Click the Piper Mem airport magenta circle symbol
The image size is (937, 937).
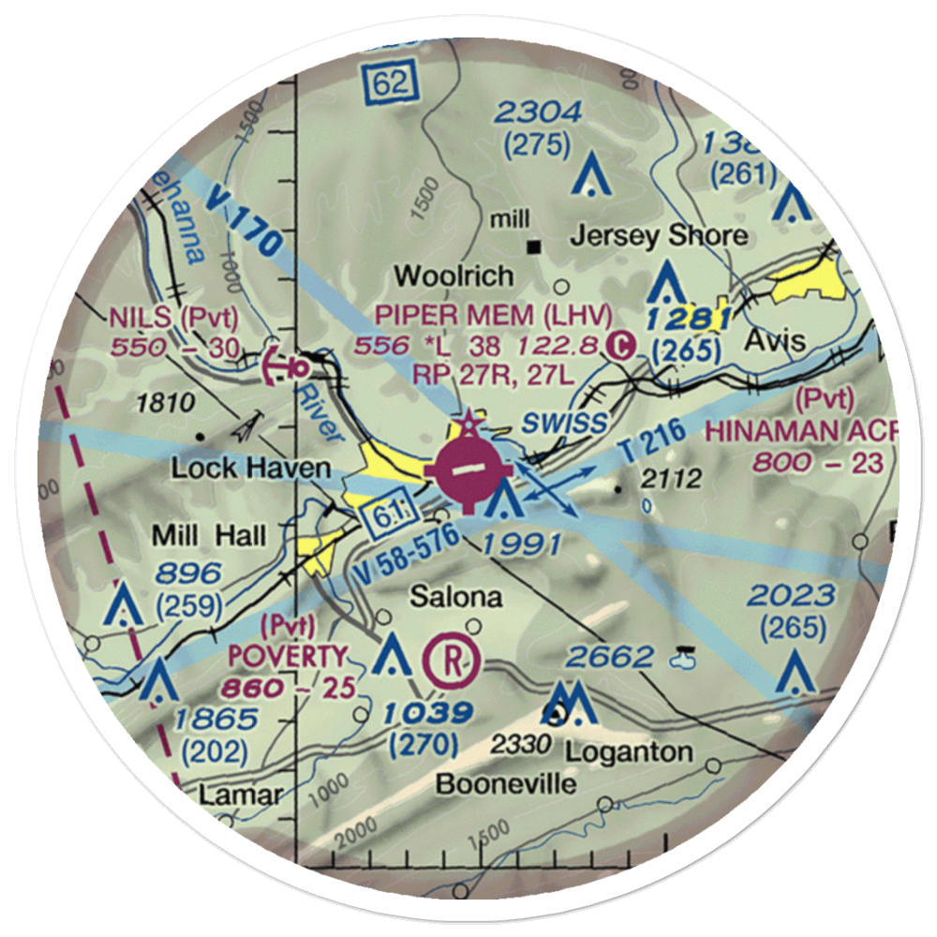(x=465, y=469)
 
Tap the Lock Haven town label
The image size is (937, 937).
(x=250, y=468)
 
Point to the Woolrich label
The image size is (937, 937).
(x=454, y=275)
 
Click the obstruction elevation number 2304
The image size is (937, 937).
(x=539, y=113)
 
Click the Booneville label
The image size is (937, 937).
(x=506, y=782)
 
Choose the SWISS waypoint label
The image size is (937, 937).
(x=565, y=422)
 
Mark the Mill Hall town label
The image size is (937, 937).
(x=211, y=536)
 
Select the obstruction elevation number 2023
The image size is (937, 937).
(x=792, y=594)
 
